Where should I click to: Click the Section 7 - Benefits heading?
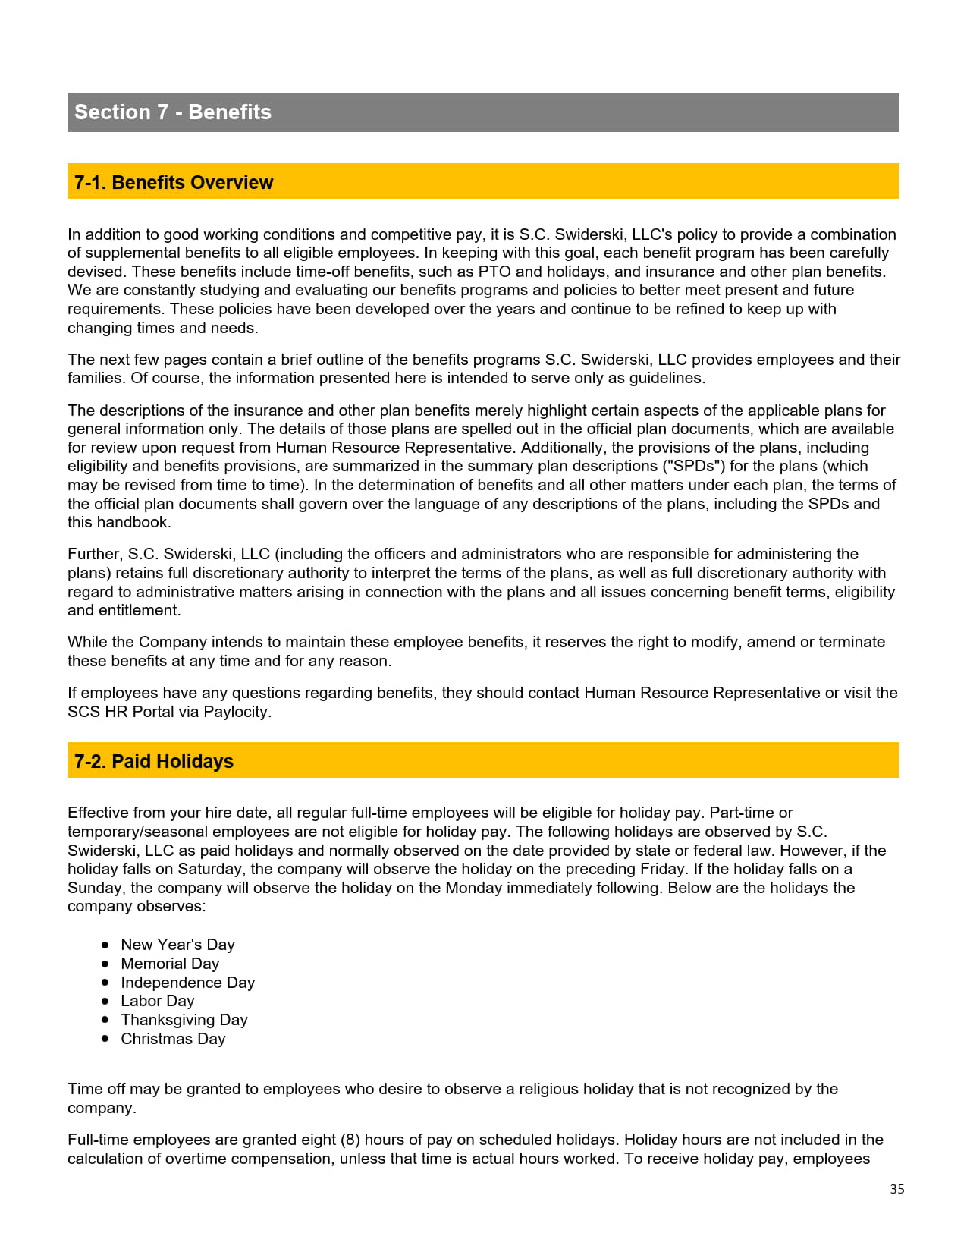click(173, 112)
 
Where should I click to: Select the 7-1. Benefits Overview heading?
click(174, 182)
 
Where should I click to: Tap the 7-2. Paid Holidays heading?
click(154, 761)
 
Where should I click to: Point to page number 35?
click(897, 1189)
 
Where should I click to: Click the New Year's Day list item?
click(177, 945)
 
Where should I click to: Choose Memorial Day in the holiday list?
click(170, 964)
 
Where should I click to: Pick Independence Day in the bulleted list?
click(187, 983)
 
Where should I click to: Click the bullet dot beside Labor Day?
click(105, 1001)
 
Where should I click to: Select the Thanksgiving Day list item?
click(184, 1020)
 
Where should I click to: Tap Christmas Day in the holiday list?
click(173, 1039)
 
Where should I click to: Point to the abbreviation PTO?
click(494, 272)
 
